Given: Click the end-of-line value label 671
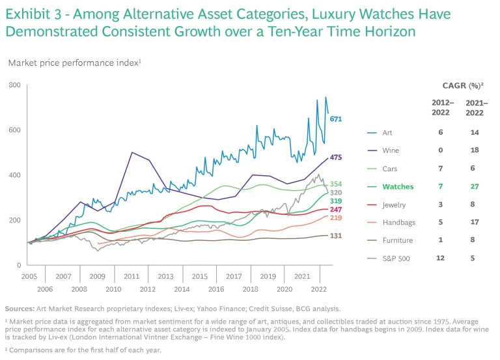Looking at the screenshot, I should pyautogui.click(x=336, y=119).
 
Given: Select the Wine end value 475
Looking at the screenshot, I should pyautogui.click(x=336, y=158).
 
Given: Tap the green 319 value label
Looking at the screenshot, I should pyautogui.click(x=336, y=201).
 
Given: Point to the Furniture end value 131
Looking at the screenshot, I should pyautogui.click(x=336, y=236).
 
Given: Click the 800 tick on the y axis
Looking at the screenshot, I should pyautogui.click(x=15, y=85).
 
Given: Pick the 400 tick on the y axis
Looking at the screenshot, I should pyautogui.click(x=15, y=175).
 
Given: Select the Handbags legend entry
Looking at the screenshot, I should pyautogui.click(x=398, y=222).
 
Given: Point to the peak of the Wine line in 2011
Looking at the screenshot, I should pyautogui.click(x=132, y=152).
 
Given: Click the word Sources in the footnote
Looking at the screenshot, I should pyautogui.click(x=20, y=308).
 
